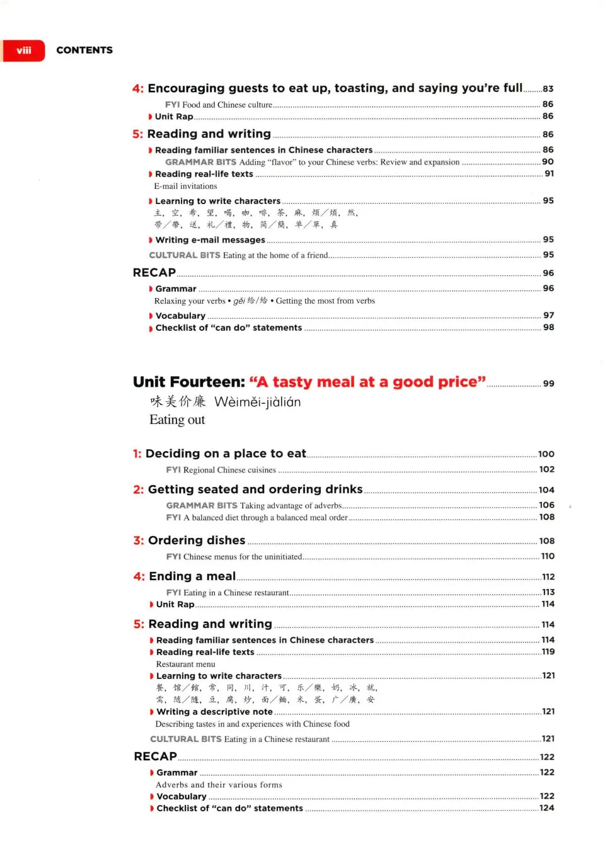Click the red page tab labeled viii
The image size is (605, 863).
click(x=24, y=50)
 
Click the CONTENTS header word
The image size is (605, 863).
click(x=84, y=50)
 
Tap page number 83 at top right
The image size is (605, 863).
click(x=548, y=89)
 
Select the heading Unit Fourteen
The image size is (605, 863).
click(x=188, y=382)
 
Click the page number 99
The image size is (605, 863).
click(x=548, y=384)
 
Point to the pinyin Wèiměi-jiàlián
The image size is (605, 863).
click(x=257, y=402)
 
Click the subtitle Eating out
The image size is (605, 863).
click(x=177, y=420)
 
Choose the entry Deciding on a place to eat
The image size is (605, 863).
click(x=225, y=454)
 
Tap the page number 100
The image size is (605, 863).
click(x=546, y=454)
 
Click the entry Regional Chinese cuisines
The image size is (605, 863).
click(x=229, y=470)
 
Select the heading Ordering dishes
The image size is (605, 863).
click(x=196, y=540)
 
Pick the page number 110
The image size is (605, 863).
click(x=548, y=556)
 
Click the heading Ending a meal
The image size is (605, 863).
click(x=192, y=576)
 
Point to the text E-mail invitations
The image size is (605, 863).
click(x=185, y=186)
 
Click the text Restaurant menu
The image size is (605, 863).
click(x=185, y=664)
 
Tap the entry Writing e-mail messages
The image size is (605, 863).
click(x=210, y=240)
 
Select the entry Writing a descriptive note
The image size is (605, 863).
click(x=214, y=712)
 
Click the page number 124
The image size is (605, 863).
click(x=546, y=808)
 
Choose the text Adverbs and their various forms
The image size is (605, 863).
click(x=219, y=785)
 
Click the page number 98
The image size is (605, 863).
click(x=548, y=328)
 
